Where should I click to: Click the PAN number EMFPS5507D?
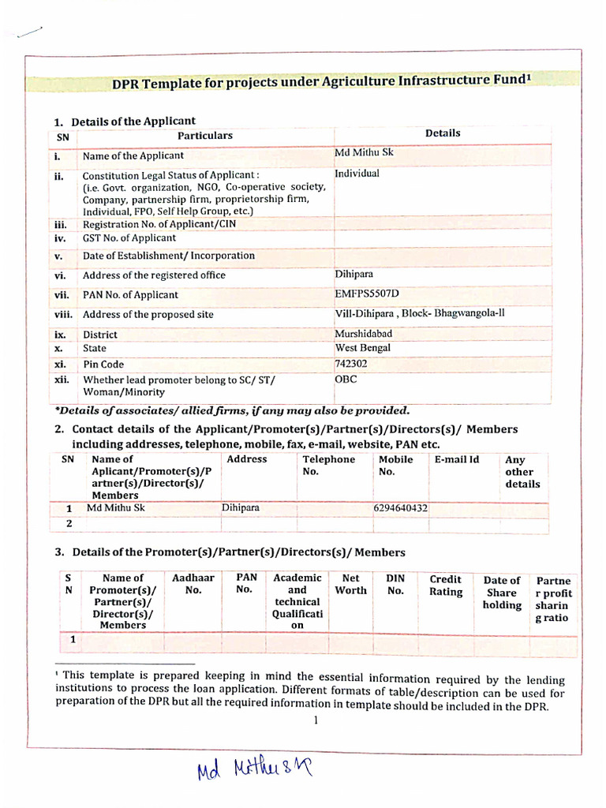(367, 294)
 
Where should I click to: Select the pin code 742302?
(350, 364)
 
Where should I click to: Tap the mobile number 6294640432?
(400, 508)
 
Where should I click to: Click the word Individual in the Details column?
(357, 173)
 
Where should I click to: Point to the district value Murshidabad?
(363, 334)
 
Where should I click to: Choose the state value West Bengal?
(363, 348)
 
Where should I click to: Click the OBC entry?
(346, 380)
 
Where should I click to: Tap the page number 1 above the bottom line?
(314, 720)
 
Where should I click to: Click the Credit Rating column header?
(446, 585)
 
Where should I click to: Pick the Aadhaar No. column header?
(193, 584)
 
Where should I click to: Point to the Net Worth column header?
(351, 584)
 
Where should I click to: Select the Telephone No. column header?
(328, 466)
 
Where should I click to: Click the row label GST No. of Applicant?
(129, 238)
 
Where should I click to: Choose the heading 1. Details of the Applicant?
(125, 122)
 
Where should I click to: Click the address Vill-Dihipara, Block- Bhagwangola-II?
(420, 313)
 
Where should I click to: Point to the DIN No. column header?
(395, 584)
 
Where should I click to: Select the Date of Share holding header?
(502, 593)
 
